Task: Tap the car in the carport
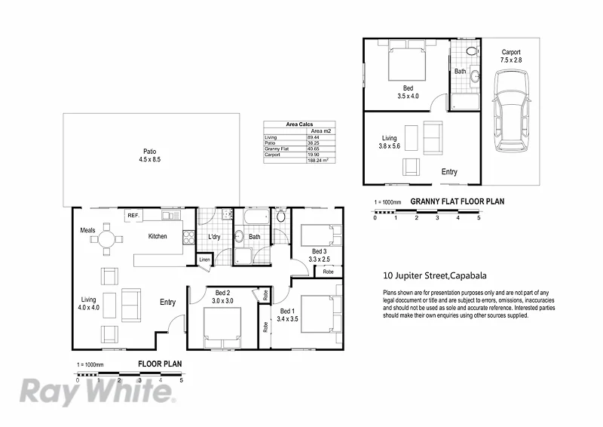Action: pyautogui.click(x=511, y=108)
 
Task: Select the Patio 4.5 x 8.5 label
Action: pyautogui.click(x=150, y=156)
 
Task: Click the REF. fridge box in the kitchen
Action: pyautogui.click(x=134, y=216)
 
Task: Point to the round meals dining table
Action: pyautogui.click(x=106, y=239)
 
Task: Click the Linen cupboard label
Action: pyautogui.click(x=204, y=260)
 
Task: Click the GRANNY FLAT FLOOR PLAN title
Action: pyautogui.click(x=457, y=201)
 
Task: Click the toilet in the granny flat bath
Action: pyautogui.click(x=471, y=51)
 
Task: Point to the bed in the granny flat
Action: pyautogui.click(x=408, y=61)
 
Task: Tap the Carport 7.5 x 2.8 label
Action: pyautogui.click(x=512, y=57)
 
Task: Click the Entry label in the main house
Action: pyautogui.click(x=168, y=303)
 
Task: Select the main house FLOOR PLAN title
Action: pyautogui.click(x=160, y=364)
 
